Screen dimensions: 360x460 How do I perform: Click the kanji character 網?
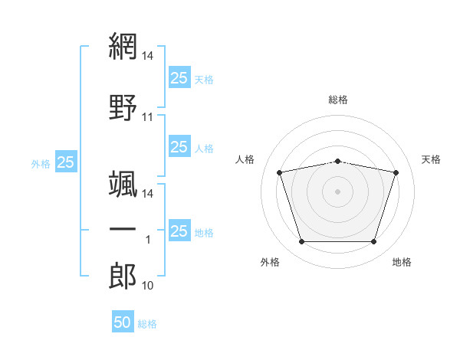click(123, 47)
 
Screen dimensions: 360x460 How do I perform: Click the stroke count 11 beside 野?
click(148, 117)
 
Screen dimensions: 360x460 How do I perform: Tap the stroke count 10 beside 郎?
click(148, 286)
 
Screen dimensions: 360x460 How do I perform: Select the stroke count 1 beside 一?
click(148, 240)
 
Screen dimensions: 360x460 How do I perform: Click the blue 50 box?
click(123, 322)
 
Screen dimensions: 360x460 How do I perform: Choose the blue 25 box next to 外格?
click(66, 162)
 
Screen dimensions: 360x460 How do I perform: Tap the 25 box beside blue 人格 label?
click(179, 147)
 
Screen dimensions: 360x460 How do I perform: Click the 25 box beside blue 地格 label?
click(179, 231)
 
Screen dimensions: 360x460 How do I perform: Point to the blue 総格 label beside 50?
click(147, 324)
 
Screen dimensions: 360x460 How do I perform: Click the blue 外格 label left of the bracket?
click(41, 163)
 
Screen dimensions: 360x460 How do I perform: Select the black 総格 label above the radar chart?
click(338, 100)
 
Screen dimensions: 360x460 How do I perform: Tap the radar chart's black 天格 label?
click(431, 159)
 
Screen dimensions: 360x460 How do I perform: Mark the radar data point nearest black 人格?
click(280, 172)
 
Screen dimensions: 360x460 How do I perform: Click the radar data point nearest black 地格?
click(373, 242)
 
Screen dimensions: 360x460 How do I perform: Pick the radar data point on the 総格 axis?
click(338, 161)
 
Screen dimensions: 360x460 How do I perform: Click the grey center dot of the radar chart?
click(338, 191)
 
